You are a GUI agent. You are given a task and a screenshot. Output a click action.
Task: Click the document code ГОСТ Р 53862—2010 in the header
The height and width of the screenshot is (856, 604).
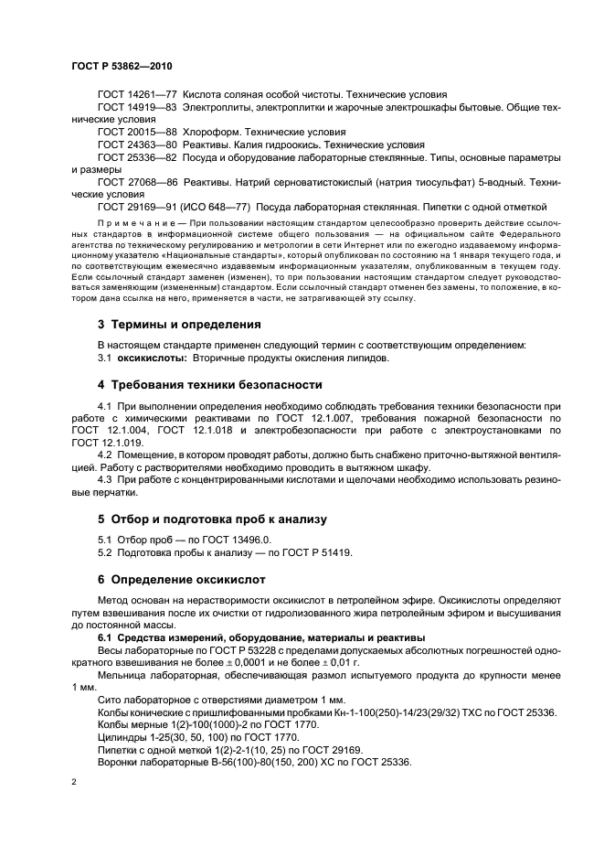(122, 67)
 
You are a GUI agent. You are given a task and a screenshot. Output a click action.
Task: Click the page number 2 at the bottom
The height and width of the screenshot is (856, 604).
(74, 783)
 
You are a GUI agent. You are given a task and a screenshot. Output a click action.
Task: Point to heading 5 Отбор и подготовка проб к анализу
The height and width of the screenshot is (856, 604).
(211, 519)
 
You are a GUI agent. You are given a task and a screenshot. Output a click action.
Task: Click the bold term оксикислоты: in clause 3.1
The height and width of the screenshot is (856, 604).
(151, 358)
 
